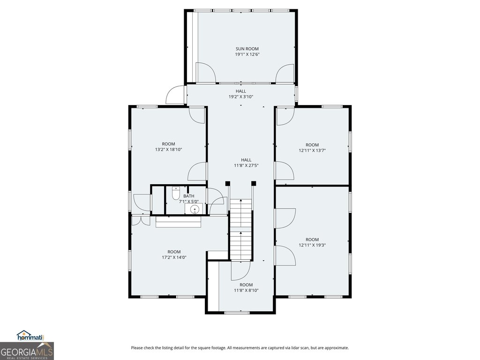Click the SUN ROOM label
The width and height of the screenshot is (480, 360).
[247, 49]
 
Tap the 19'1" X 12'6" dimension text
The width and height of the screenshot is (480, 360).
[247, 54]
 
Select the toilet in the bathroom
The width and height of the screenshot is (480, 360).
[176, 193]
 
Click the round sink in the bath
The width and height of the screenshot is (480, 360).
[194, 210]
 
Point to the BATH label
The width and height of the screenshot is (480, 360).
[189, 196]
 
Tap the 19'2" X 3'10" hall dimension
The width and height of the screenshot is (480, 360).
[241, 97]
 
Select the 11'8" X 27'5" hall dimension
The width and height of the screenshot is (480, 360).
[246, 165]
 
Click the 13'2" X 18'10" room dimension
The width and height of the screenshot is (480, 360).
[169, 150]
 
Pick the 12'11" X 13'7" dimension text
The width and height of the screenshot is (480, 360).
[312, 150]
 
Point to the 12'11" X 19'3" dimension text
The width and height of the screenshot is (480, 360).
[312, 245]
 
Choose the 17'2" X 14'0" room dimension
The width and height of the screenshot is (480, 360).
[174, 257]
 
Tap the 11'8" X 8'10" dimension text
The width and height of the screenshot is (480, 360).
[246, 291]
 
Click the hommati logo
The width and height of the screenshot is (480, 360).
[30, 336]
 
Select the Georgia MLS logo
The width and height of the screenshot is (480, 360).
[27, 351]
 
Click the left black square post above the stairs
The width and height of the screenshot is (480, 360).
[227, 183]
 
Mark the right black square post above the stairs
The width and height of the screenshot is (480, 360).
[254, 183]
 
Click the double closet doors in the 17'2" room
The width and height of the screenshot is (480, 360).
[141, 221]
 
